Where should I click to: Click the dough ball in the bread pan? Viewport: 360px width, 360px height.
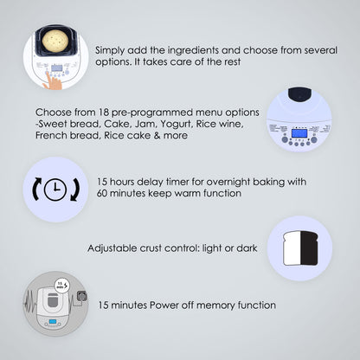tap(55, 41)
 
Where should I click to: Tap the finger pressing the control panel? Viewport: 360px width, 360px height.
tap(53, 81)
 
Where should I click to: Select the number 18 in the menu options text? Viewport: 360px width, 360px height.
tap(104, 112)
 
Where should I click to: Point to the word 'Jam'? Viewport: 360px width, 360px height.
tap(146, 124)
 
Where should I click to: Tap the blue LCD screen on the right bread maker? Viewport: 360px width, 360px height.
tap(299, 133)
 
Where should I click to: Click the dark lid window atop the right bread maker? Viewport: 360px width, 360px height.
tap(299, 95)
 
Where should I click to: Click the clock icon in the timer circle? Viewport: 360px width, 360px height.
tap(55, 190)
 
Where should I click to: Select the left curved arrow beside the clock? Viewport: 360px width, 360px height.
tap(36, 190)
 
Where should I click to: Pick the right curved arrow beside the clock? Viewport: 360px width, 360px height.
tap(74, 190)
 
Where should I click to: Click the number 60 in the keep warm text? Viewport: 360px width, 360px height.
tap(102, 193)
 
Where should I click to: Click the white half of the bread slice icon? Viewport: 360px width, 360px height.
tap(292, 248)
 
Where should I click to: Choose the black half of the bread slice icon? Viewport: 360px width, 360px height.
tap(310, 248)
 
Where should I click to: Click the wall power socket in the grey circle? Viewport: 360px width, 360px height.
tap(80, 297)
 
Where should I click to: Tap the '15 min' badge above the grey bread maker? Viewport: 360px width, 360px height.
tap(62, 286)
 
